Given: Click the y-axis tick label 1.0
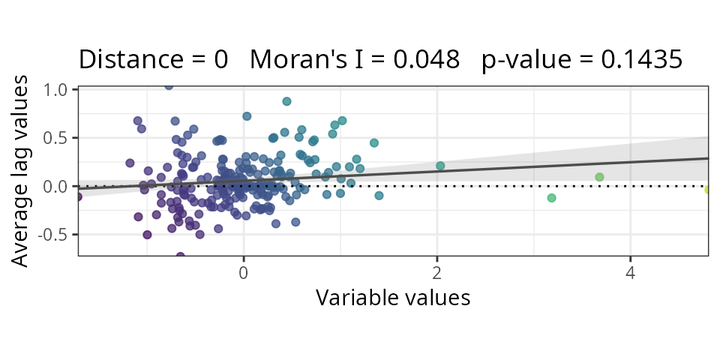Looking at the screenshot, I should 57,89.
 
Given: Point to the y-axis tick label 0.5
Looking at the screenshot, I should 57,137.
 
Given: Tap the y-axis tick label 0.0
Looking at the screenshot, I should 57,186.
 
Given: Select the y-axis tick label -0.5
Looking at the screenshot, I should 55,234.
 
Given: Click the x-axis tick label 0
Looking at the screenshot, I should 243,271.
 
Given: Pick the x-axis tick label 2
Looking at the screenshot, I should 436,271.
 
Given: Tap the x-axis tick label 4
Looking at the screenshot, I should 630,271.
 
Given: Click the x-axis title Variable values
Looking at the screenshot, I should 393,298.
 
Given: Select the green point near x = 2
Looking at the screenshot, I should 440,166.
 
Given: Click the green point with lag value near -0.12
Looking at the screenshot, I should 551,198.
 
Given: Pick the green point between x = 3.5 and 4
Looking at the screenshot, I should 599,177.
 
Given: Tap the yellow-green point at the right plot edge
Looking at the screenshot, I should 707,190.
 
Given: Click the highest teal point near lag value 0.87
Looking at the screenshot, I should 286,101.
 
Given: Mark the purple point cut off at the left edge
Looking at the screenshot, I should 79,196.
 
